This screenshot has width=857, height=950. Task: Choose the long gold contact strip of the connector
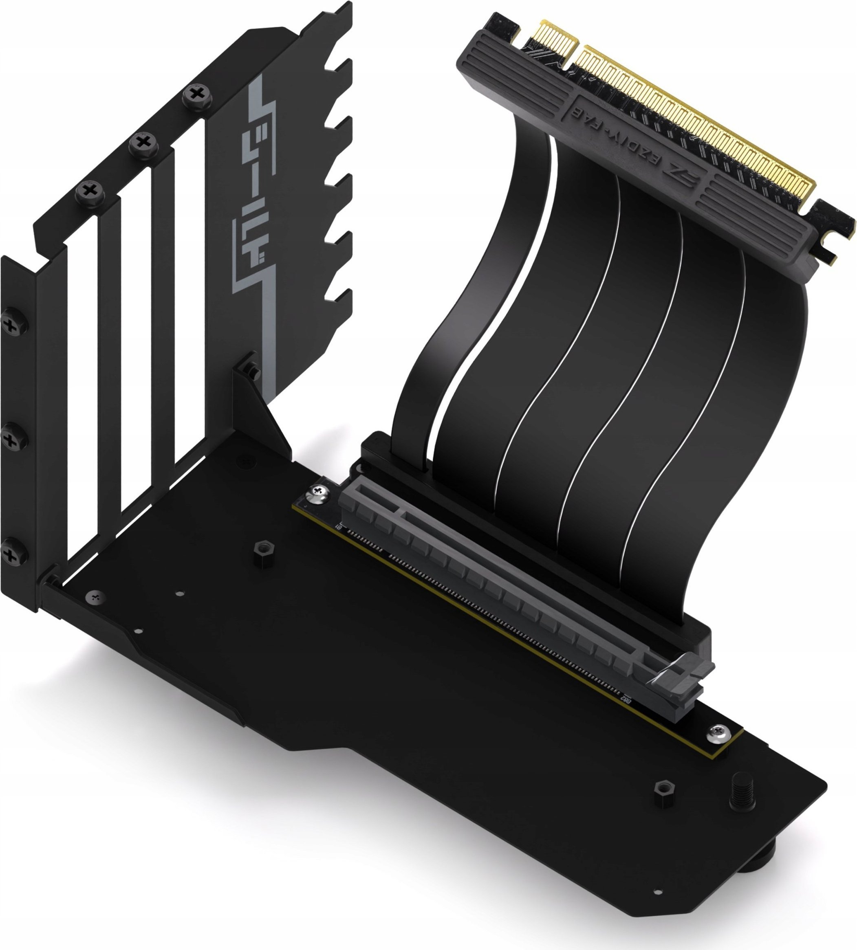click(x=697, y=127)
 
